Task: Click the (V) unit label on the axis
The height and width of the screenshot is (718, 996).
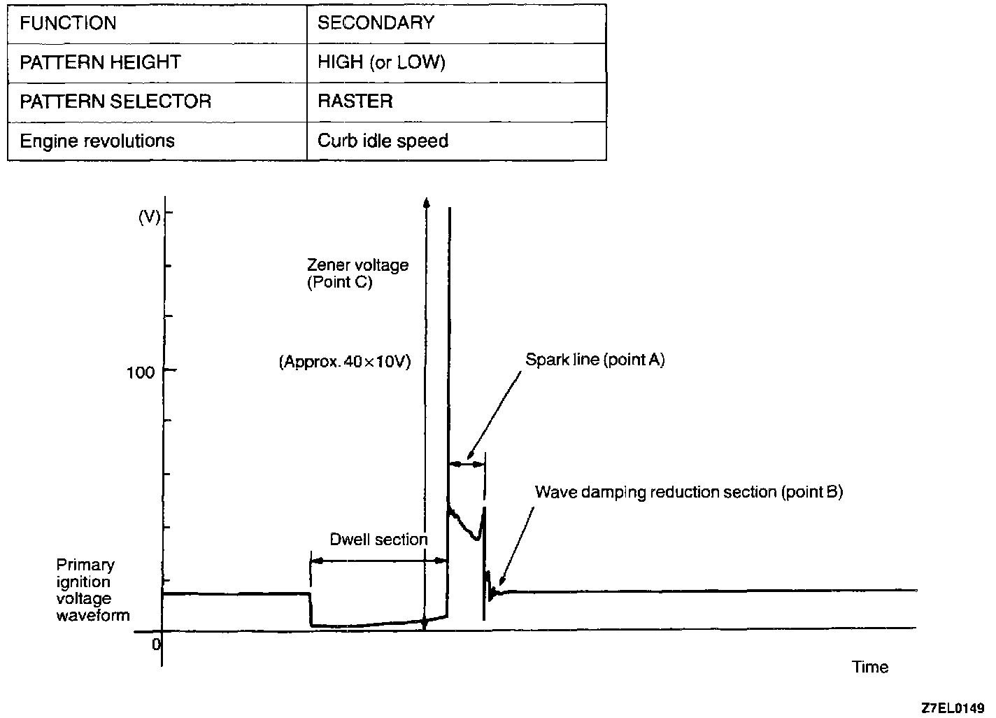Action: (x=149, y=217)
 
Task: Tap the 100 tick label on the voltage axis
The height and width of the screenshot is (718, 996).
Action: (x=140, y=372)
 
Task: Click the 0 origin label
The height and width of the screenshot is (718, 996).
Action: (x=156, y=644)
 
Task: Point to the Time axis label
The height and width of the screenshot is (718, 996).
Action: (x=870, y=667)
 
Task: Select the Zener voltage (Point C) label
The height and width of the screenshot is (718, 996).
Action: (x=357, y=274)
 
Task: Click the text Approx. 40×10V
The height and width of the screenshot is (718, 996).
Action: (x=345, y=362)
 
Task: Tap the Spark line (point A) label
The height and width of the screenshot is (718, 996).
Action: (x=595, y=360)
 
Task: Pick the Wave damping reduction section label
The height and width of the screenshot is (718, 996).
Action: (x=689, y=492)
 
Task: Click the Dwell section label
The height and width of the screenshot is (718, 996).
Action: (x=378, y=540)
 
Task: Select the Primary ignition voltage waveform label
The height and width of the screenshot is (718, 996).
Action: (x=92, y=590)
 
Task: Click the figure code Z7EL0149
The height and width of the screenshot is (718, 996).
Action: (x=953, y=708)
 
